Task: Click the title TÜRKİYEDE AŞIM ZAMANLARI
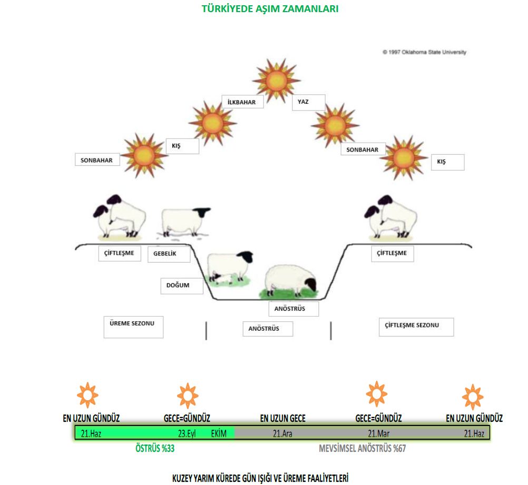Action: click(270, 9)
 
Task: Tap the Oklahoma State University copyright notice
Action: click(424, 52)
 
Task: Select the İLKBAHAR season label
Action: click(242, 102)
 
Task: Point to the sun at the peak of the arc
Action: click(276, 80)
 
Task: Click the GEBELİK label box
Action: click(169, 254)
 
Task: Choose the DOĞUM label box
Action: click(182, 285)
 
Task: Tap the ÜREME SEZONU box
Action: click(133, 326)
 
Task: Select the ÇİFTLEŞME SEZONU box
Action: click(416, 326)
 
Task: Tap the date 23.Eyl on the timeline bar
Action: click(187, 434)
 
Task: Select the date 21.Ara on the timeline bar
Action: click(282, 434)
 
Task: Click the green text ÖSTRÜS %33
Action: click(155, 449)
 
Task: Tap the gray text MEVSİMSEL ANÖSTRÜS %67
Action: click(362, 449)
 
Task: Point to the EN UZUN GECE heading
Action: click(282, 419)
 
